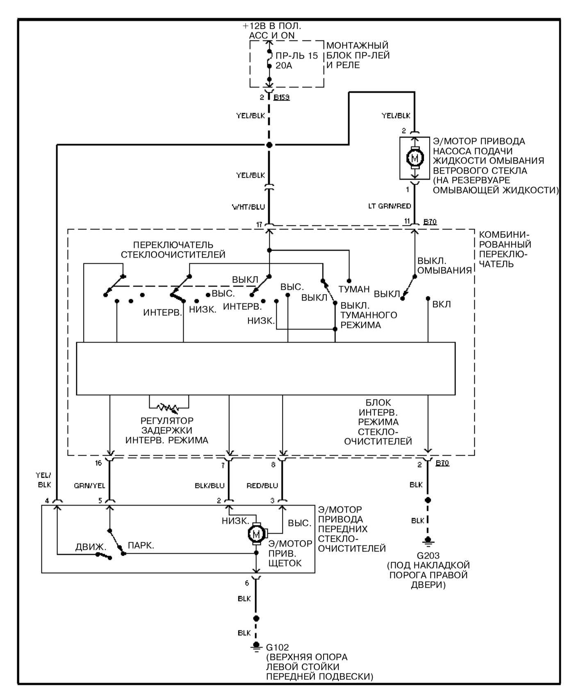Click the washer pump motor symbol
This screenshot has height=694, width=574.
pyautogui.click(x=415, y=158)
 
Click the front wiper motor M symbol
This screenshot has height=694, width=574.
pyautogui.click(x=256, y=534)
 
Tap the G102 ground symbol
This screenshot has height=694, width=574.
pyautogui.click(x=256, y=647)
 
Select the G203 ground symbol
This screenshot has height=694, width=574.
pyautogui.click(x=428, y=542)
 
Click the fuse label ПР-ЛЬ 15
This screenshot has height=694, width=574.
pyautogui.click(x=296, y=56)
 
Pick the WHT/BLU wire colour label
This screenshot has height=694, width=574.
pyautogui.click(x=248, y=207)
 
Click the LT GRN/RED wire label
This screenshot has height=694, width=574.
pyautogui.click(x=389, y=206)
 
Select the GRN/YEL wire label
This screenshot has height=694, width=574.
pyautogui.click(x=89, y=486)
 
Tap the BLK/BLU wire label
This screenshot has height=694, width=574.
pyautogui.click(x=210, y=486)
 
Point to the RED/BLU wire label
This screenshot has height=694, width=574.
pyautogui.click(x=262, y=486)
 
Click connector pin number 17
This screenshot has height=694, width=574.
pyautogui.click(x=259, y=224)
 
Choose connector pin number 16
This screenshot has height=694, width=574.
pyautogui.click(x=98, y=463)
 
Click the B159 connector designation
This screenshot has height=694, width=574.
pyautogui.click(x=282, y=98)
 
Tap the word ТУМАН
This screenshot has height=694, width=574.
pyautogui.click(x=354, y=289)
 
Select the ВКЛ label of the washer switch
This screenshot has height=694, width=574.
pyautogui.click(x=442, y=304)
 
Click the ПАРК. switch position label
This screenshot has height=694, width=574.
pyautogui.click(x=141, y=546)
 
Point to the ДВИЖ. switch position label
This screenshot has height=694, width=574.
pyautogui.click(x=91, y=547)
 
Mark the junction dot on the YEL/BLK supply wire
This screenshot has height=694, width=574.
pyautogui.click(x=269, y=145)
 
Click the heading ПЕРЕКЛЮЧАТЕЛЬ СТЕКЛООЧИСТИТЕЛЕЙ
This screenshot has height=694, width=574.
pyautogui.click(x=173, y=250)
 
